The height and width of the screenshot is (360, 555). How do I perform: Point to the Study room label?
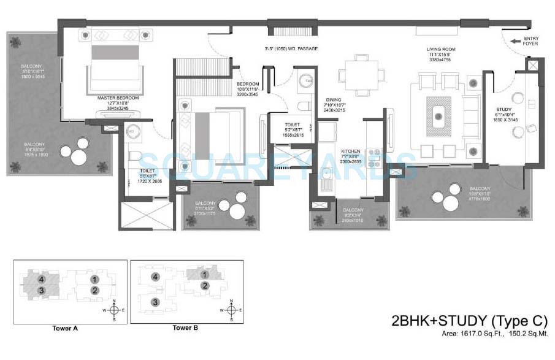504,111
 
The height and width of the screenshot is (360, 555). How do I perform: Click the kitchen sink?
327,181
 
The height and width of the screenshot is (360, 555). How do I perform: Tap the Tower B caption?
185,328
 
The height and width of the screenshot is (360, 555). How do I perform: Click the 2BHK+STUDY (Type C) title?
469,320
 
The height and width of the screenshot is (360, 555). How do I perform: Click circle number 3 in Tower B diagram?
156,302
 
